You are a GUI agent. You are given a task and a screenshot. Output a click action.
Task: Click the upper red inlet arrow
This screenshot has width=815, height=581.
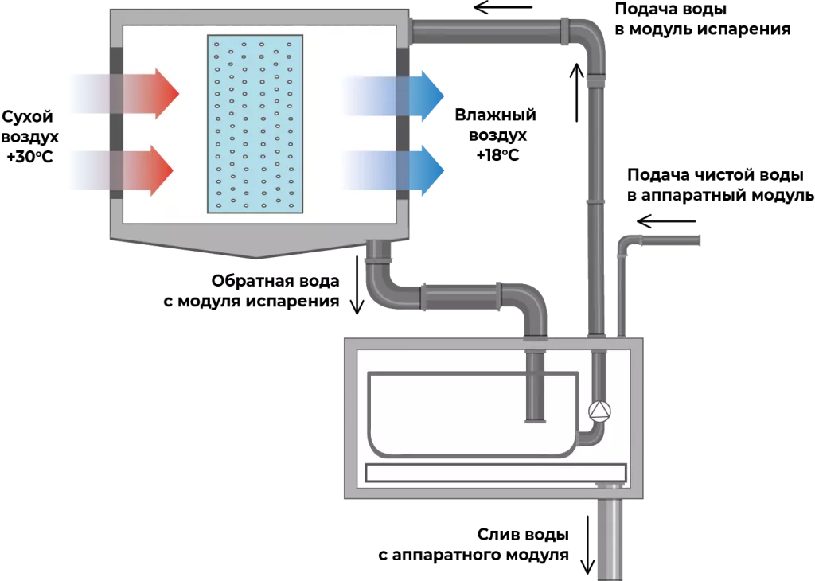[151, 93]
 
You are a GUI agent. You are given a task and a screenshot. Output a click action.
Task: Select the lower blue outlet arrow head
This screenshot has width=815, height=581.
[428, 170]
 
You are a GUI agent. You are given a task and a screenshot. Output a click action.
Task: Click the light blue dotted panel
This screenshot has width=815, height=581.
[255, 123]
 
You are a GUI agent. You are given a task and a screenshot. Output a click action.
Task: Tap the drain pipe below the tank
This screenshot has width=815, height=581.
[610, 537]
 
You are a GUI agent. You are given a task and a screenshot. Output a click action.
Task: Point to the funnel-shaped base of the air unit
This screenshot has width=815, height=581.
[255, 248]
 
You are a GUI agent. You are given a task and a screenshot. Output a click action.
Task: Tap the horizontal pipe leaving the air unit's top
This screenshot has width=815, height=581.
[485, 31]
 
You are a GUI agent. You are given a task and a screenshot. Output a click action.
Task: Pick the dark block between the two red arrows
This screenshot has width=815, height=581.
[115, 131]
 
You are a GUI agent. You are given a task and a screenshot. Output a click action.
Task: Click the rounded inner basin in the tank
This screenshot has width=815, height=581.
[470, 414]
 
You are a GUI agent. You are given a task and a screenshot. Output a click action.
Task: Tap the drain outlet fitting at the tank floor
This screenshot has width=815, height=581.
[610, 485]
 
